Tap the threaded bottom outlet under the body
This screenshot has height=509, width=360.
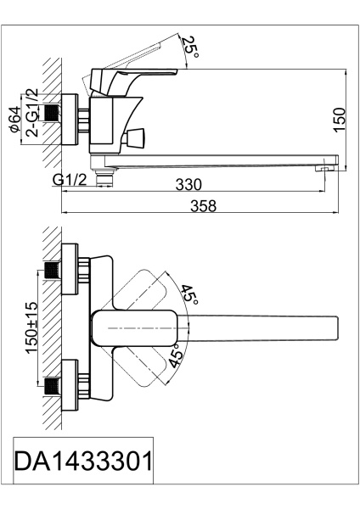pyautogui.click(x=104, y=177)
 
